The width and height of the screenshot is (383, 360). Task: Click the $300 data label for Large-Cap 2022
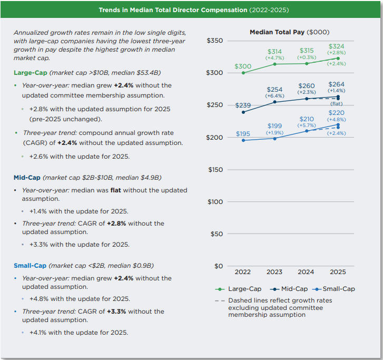243,66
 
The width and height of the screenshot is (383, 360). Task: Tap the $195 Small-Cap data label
243,134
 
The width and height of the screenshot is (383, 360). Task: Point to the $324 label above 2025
336,46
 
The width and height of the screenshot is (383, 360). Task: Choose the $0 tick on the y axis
219,266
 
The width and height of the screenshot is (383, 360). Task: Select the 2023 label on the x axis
274,273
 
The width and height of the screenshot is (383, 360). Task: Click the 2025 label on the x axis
338,273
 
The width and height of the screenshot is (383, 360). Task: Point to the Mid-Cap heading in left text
27,177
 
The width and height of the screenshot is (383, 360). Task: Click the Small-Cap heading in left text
30,265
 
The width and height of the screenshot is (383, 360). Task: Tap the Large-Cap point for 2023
274,64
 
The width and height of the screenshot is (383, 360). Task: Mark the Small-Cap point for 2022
243,140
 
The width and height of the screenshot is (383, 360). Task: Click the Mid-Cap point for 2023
274,102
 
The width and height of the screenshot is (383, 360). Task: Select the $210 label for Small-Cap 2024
306,119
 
